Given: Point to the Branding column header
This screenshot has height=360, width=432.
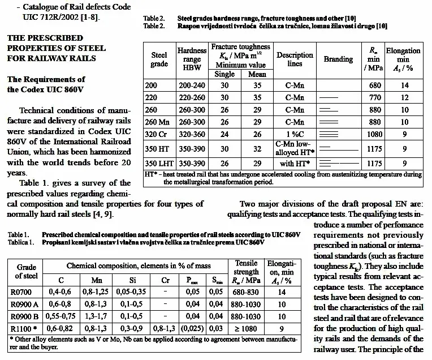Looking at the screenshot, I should [338, 59].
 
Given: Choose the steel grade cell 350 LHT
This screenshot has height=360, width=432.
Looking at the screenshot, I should [159, 163].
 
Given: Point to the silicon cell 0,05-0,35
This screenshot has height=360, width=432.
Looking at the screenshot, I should [132, 293].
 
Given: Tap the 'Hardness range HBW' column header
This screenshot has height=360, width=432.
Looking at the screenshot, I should [192, 59].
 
